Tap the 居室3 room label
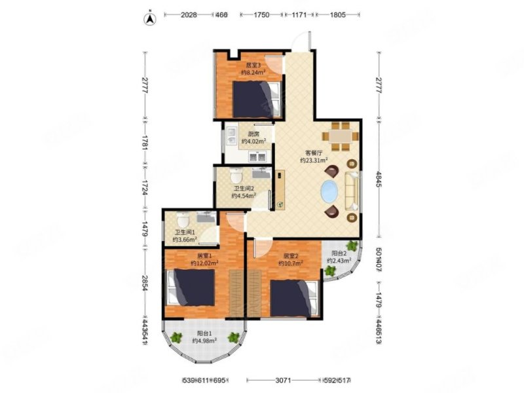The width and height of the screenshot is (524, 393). [x=253, y=65]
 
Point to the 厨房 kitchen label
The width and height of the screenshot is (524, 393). [x=246, y=133]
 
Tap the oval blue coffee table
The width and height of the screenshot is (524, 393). [x=329, y=193]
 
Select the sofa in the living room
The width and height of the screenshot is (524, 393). [x=352, y=191]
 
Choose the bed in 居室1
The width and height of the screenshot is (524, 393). [x=193, y=288]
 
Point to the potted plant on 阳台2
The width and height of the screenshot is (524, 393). [x=352, y=247]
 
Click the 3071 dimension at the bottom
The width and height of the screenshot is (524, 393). [x=282, y=380]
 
